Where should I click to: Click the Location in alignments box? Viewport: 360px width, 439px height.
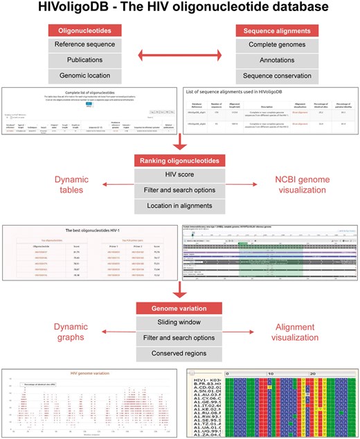180,206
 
